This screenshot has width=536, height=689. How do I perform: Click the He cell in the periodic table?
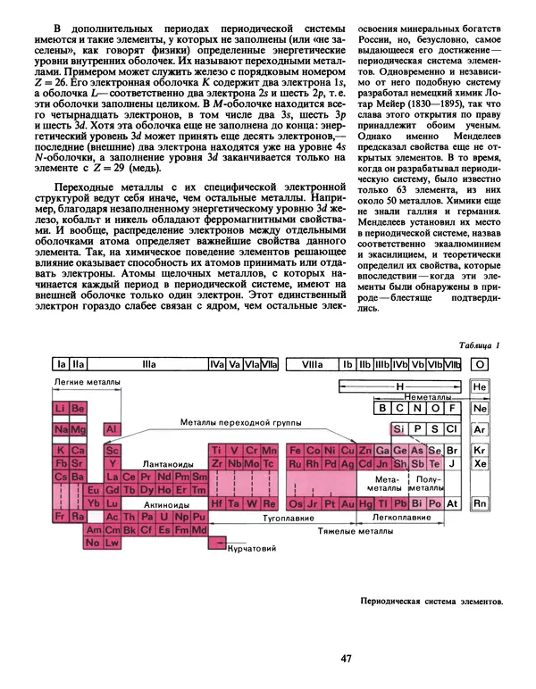(480, 387)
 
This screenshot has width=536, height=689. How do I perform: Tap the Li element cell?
(61, 408)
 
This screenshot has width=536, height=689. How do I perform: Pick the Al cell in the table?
(112, 429)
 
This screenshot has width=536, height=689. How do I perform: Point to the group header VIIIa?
(313, 364)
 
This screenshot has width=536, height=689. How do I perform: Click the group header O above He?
(480, 364)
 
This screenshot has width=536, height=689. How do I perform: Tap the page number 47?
(348, 659)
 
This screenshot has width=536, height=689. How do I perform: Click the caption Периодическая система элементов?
(429, 601)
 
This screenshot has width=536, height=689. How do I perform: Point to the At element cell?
(452, 504)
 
